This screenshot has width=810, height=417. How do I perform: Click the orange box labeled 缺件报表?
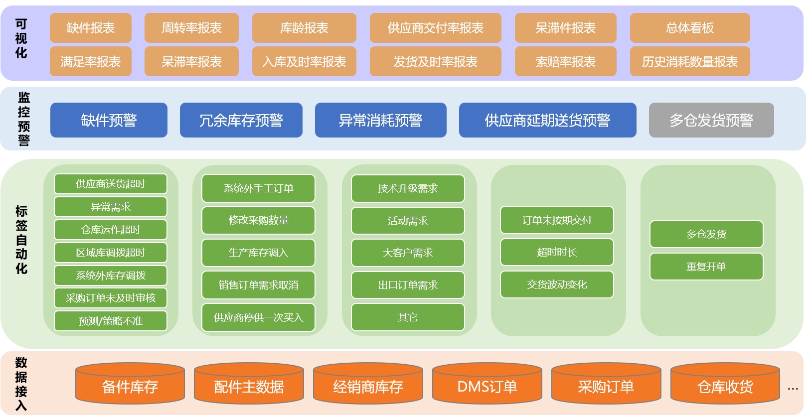[91, 28]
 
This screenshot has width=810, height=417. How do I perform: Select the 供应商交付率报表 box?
[435, 28]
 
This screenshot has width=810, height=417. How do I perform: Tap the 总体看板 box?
[690, 28]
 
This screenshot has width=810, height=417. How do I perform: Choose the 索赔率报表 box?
[566, 61]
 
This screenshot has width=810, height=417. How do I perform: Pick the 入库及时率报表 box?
[304, 61]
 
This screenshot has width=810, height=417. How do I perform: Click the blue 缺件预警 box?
[109, 120]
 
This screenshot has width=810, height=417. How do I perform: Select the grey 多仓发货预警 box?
[711, 120]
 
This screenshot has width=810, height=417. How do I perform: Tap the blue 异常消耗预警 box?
[381, 120]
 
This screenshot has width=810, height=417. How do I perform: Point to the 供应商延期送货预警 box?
[547, 120]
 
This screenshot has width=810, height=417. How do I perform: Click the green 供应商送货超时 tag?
[111, 184]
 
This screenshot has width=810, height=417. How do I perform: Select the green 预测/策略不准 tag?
[111, 321]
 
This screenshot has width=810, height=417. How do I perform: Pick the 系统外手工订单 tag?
[258, 188]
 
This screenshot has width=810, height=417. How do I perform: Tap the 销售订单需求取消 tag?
[258, 285]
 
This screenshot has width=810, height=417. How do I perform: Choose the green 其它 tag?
[408, 317]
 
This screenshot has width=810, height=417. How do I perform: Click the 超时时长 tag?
[557, 252]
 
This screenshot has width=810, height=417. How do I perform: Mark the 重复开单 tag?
[707, 267]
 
